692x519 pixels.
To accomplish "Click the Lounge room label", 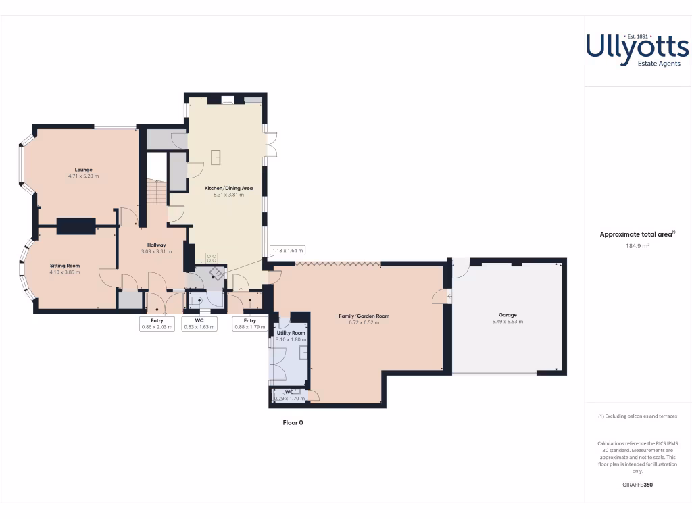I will click(x=84, y=170).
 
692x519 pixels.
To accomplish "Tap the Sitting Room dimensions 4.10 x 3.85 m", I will click(x=65, y=272).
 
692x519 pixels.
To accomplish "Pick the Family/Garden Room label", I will click(x=364, y=316).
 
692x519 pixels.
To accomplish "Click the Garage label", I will click(x=508, y=315).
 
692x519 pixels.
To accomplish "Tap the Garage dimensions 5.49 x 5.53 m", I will click(x=508, y=322).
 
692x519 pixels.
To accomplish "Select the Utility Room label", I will click(x=291, y=333).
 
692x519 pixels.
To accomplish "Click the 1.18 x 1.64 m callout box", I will click(x=288, y=250).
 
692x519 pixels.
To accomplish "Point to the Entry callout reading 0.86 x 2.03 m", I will click(x=157, y=324).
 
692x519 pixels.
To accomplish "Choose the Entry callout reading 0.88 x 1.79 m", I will click(x=250, y=324).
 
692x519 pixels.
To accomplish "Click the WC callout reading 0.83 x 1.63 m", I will click(x=199, y=324).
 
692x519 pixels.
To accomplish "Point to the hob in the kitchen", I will click(x=211, y=257).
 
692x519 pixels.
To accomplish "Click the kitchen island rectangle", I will click(x=217, y=156).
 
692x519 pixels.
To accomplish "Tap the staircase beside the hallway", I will click(x=157, y=192).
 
